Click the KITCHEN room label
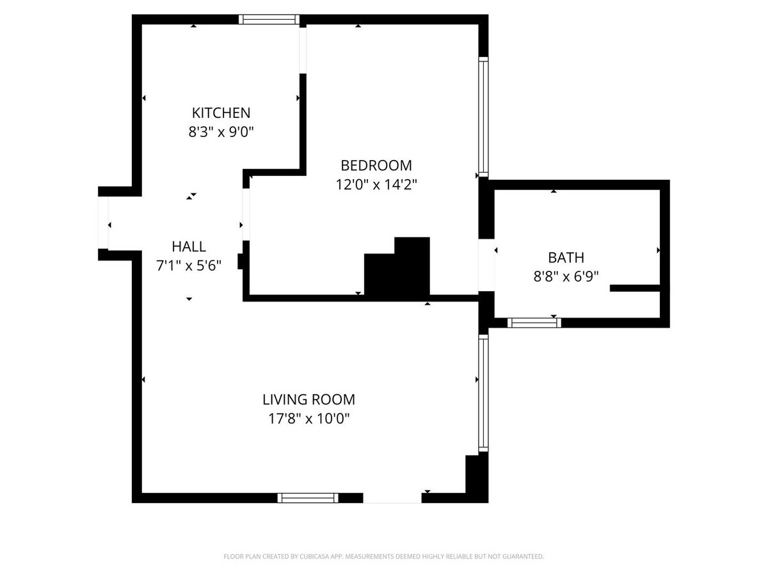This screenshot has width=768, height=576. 221,113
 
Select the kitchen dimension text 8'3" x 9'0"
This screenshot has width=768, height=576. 221,132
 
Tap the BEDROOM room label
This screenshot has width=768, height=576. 376,166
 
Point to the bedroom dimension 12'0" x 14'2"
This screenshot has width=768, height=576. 376,185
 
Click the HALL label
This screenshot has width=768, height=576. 189,246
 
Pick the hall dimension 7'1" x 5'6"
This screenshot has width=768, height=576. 189,266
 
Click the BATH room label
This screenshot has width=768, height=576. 566,258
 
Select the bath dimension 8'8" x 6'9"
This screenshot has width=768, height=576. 566,277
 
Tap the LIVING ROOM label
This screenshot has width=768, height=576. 308,400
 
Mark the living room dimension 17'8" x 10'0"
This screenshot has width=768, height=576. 308,419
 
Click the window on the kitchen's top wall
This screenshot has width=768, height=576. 269,20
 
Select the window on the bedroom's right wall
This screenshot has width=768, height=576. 483,116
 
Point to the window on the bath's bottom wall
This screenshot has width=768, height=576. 534,323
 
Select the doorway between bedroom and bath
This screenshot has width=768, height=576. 486,265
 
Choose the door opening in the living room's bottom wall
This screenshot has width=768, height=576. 392,498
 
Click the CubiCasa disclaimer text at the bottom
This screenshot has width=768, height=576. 384,557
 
